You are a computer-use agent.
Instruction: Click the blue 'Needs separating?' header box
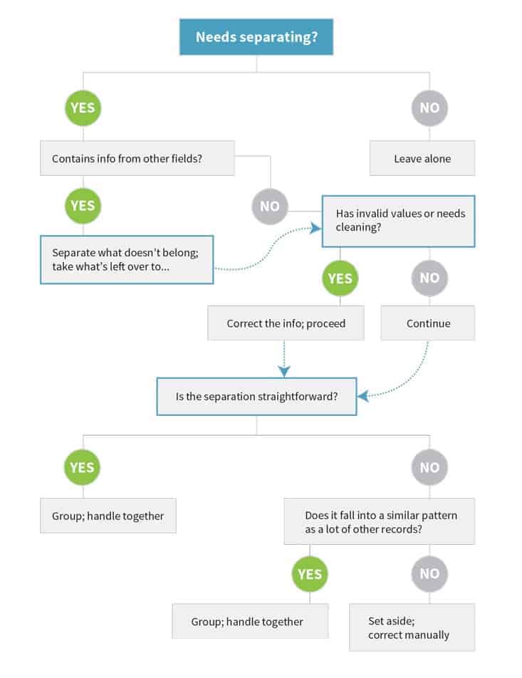coord(256,37)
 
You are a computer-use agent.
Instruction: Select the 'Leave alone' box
coord(422,158)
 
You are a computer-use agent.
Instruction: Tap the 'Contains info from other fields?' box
coord(137,158)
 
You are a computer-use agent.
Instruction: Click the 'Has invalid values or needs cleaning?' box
coord(398,221)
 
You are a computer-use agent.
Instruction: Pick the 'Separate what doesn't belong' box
coord(127,259)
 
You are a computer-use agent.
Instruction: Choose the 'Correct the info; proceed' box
coord(286,323)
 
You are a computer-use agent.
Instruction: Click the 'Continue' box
coord(428,323)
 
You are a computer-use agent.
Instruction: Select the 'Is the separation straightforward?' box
coord(256,397)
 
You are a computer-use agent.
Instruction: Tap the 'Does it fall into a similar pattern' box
coord(380,521)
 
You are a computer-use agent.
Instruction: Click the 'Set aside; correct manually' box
coord(412,627)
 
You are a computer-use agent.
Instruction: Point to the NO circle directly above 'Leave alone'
coord(429,108)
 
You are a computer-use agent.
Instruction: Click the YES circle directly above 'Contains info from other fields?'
coord(83,108)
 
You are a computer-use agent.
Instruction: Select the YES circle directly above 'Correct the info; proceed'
coord(340,278)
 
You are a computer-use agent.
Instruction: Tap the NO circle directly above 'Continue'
coord(429,278)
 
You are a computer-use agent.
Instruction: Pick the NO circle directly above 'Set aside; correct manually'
coord(429,574)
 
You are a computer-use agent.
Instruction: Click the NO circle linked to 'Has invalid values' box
coord(270,207)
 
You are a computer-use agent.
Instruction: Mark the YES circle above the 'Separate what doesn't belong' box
coord(83,206)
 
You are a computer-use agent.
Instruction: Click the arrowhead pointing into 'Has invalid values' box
coord(316,228)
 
